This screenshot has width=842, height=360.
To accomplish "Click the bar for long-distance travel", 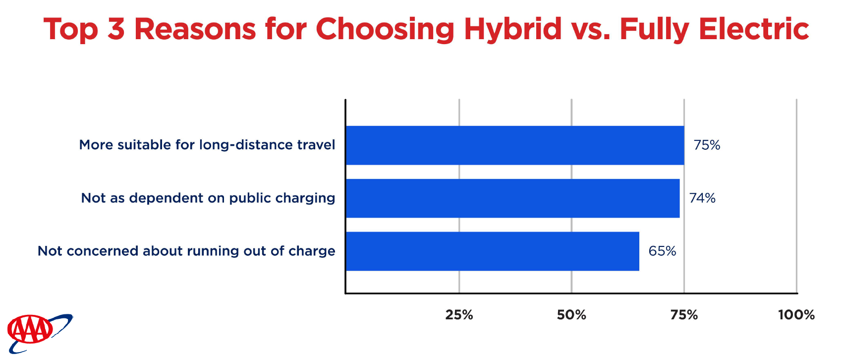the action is (x=515, y=145).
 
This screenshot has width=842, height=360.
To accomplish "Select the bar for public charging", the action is (x=513, y=198).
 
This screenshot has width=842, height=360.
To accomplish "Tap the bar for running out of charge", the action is (x=493, y=251).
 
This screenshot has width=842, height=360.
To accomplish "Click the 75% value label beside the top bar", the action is (x=707, y=145).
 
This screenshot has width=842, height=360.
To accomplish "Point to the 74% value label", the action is (x=702, y=198).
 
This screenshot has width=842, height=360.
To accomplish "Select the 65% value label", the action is (x=662, y=251).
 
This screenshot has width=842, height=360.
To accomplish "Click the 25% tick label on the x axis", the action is (x=459, y=315).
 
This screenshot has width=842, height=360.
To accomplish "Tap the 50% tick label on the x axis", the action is (x=571, y=315).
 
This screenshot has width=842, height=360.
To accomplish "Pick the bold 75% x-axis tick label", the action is (x=684, y=315).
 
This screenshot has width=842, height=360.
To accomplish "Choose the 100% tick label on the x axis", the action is (x=796, y=315).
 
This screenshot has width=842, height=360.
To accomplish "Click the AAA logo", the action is (x=40, y=333).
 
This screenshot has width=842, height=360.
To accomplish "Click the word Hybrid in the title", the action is (x=513, y=30).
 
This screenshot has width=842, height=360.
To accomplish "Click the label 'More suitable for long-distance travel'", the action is (x=207, y=145).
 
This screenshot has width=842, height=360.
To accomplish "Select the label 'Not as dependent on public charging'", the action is (x=208, y=198).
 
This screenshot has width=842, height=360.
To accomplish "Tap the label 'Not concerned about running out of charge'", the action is (x=186, y=251).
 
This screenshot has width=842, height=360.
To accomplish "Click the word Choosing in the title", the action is (x=385, y=30).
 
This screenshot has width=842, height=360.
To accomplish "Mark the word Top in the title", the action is (x=71, y=30).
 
